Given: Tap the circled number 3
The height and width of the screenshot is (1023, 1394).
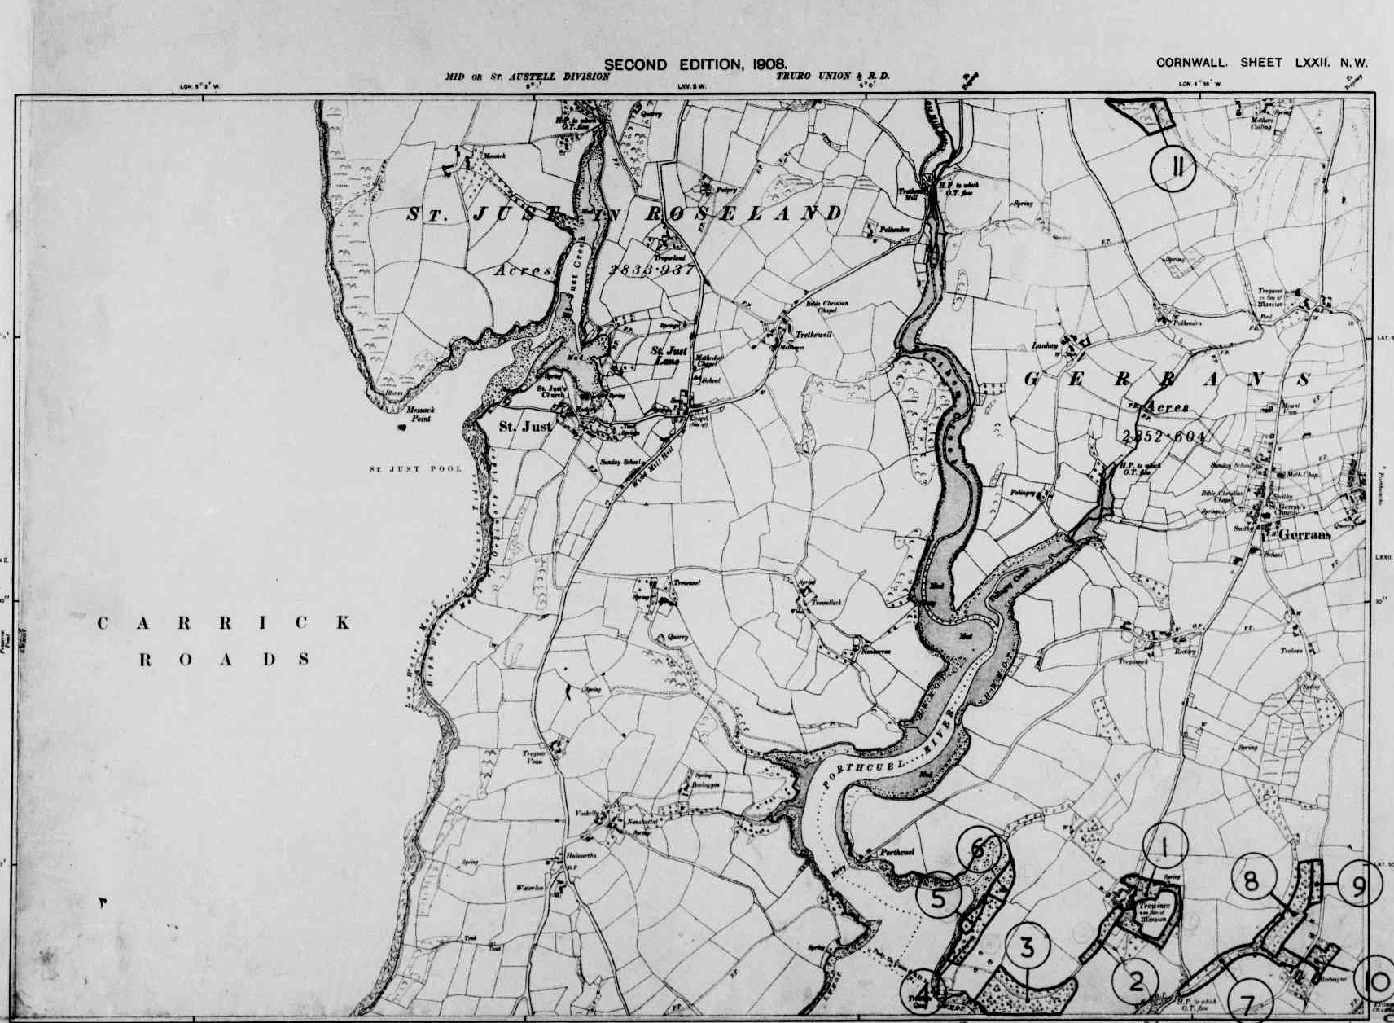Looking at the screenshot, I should tap(1027, 947).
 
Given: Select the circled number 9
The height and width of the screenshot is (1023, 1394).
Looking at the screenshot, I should tap(1356, 886).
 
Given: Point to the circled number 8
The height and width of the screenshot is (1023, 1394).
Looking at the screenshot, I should tap(1250, 880).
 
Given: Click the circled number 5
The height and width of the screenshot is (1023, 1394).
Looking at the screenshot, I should tap(939, 899).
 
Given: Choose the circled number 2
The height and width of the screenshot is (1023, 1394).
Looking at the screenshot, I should tap(1136, 981).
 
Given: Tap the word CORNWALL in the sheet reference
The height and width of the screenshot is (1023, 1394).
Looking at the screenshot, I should tap(1191, 63).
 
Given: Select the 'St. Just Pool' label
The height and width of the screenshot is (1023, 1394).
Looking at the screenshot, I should tap(415, 469).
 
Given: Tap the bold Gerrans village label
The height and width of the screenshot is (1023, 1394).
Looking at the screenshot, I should tap(1303, 535).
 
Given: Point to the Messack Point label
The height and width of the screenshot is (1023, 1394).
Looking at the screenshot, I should tap(421, 415).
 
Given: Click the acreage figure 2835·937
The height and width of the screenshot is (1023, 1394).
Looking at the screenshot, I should tap(651, 270).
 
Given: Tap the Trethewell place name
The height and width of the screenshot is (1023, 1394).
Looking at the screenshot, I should tap(814, 335).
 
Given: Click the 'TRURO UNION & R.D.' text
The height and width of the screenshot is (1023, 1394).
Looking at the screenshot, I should tap(832, 76).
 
